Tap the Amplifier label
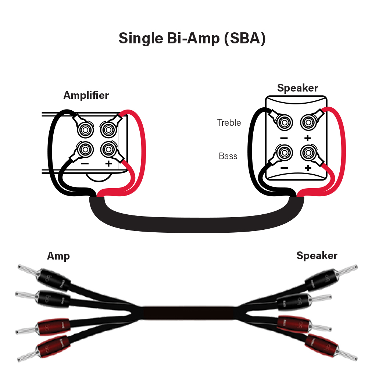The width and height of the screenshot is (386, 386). pyautogui.click(x=86, y=95)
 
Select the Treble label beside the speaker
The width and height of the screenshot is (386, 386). pyautogui.click(x=229, y=122)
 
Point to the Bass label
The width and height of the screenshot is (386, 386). pyautogui.click(x=228, y=156)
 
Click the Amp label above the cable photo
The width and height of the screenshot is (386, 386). pyautogui.click(x=58, y=256)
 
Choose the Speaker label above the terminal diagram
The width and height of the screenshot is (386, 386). pyautogui.click(x=297, y=88)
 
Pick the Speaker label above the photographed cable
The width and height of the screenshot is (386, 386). pyautogui.click(x=317, y=255)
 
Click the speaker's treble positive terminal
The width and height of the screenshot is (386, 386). pyautogui.click(x=308, y=121)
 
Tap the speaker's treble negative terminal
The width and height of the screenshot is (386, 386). pyautogui.click(x=284, y=121)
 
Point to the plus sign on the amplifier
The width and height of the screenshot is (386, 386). pyautogui.click(x=108, y=163)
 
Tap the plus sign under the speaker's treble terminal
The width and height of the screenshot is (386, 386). pyautogui.click(x=308, y=138)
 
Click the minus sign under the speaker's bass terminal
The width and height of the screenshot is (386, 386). pyautogui.click(x=284, y=168)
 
